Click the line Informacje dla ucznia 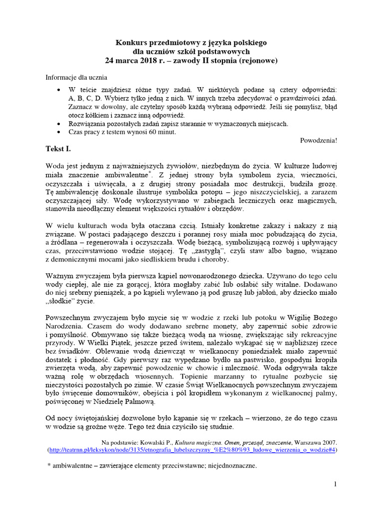click(76, 78)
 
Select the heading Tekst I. click(58, 149)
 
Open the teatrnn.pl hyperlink click(191, 450)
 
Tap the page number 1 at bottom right click(336, 484)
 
